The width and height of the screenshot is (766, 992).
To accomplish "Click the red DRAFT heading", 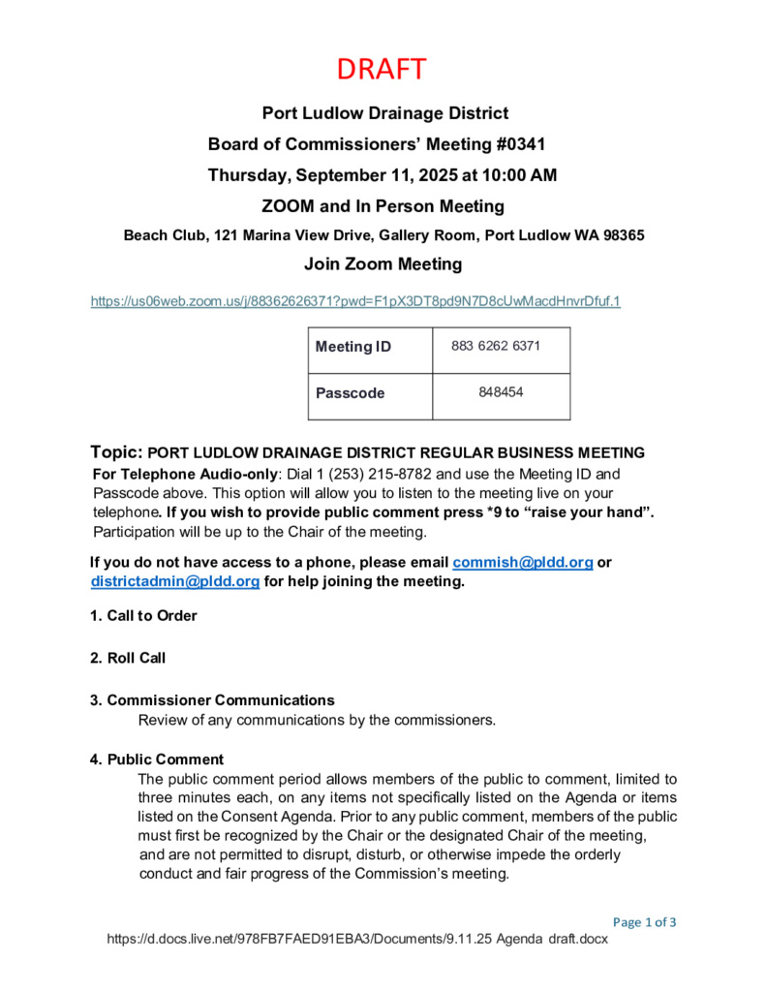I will pos(383,70).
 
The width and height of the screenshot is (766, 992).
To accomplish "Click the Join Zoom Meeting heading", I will pos(383,263).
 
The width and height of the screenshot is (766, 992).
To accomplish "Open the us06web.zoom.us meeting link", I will pos(355,301).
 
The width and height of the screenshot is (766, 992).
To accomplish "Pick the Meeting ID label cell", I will pos(353,347).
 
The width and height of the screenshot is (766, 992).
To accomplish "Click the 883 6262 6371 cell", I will pos(495,346).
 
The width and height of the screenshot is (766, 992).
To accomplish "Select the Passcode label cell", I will pos(350,393).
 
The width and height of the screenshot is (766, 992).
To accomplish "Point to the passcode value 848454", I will pos(501,392).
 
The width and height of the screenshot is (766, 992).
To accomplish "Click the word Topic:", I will pos(116,452).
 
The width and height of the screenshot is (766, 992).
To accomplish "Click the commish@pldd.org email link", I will pos(522,562).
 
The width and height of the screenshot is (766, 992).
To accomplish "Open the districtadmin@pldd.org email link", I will pos(175,581).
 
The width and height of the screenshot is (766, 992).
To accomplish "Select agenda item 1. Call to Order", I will pos(143,616).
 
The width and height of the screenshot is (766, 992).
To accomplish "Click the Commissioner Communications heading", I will pos(220,699).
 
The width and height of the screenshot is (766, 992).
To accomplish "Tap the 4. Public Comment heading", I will pos(157,759).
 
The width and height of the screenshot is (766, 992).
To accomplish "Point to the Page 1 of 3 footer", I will pos(644,921).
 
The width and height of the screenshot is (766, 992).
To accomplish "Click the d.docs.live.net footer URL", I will pos(356,940).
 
